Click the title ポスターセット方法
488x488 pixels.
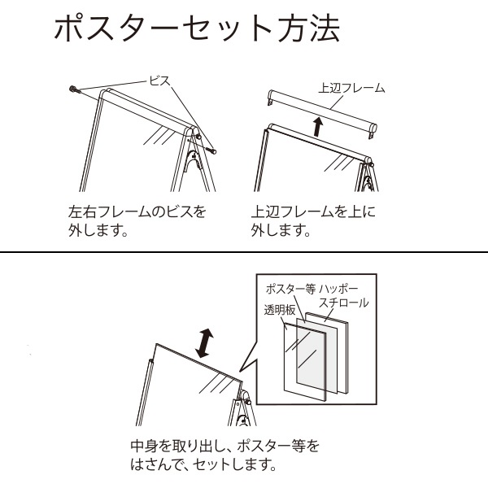(197, 28)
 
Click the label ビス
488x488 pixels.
(160, 81)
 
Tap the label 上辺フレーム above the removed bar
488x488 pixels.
(351, 88)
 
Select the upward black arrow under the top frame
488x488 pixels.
(318, 126)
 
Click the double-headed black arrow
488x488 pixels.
(204, 343)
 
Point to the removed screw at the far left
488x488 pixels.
(75, 89)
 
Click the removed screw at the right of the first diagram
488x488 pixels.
(211, 150)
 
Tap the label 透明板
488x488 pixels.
(280, 310)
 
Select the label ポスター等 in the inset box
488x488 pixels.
(290, 289)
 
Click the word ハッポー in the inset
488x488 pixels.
(338, 289)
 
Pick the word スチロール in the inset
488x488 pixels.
(344, 303)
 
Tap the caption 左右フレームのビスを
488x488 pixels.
(137, 211)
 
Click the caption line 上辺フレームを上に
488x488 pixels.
(313, 211)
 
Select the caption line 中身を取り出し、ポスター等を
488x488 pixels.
(224, 446)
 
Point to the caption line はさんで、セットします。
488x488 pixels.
(203, 464)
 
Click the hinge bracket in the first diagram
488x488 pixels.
(194, 160)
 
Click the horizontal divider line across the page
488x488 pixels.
(244, 251)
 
